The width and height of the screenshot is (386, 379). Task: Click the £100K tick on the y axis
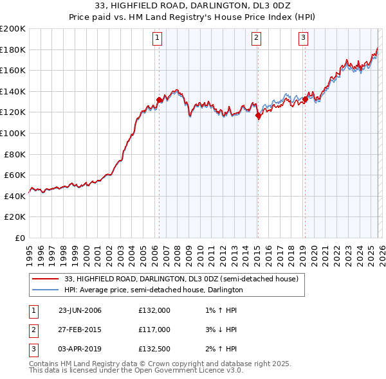point(13,133)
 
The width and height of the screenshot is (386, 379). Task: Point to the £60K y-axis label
point(15,175)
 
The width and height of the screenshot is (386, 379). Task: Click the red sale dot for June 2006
point(159,100)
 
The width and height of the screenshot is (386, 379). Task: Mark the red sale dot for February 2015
point(258,116)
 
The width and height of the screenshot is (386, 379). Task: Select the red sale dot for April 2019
point(305,99)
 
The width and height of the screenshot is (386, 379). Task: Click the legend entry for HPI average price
point(153,290)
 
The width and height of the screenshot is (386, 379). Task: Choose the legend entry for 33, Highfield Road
point(181,279)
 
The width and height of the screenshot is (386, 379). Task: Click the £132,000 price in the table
point(154,310)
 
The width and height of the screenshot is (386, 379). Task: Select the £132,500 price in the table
point(154,349)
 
